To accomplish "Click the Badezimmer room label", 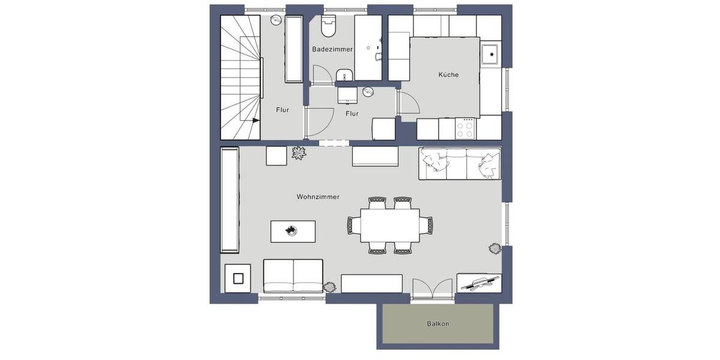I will click(332, 49).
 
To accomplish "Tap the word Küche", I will click(448, 75).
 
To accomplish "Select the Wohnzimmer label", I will click(318, 197).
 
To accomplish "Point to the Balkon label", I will click(438, 324).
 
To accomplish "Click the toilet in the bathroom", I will click(329, 26).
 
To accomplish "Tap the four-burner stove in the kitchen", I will click(466, 128).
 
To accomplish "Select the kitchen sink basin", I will click(491, 54).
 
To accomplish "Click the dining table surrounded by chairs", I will click(389, 226).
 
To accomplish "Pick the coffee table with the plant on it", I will click(293, 230).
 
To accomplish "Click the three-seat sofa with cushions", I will click(460, 163).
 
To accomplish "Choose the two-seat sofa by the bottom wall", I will click(293, 275).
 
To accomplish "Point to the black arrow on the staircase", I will click(256, 120).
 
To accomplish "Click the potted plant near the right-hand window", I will click(495, 248).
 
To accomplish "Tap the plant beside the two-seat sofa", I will click(330, 287).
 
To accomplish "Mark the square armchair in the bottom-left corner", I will click(238, 278).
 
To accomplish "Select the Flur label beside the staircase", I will click(283, 110).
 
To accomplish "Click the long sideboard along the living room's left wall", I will click(230, 200).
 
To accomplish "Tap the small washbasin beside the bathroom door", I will click(344, 76).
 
